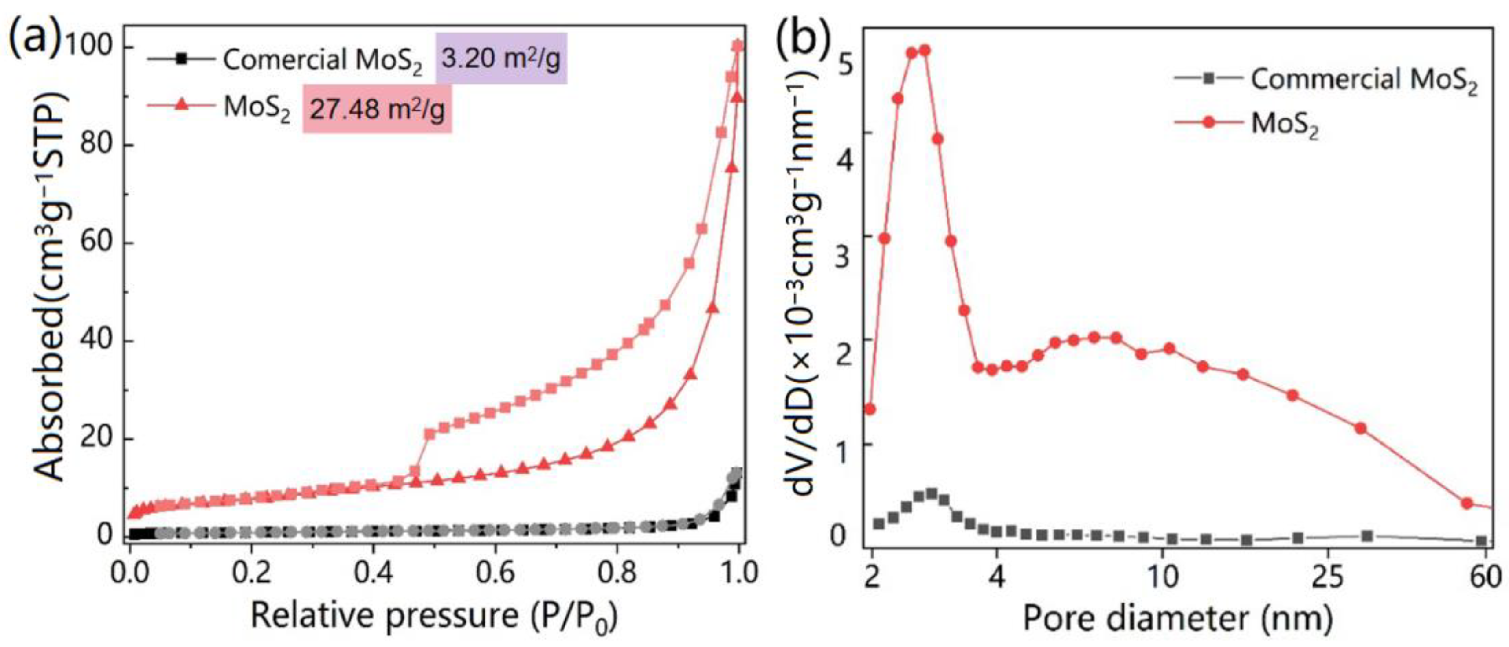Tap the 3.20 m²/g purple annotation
tap(501, 59)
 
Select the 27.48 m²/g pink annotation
tap(377, 108)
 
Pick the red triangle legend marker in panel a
tap(182, 106)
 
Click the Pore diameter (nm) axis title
tap(1178, 618)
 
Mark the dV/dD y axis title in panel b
tap(811, 281)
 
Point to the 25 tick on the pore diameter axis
tap(1327, 577)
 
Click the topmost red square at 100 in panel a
tap(738, 46)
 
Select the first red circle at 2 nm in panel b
tap(870, 409)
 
